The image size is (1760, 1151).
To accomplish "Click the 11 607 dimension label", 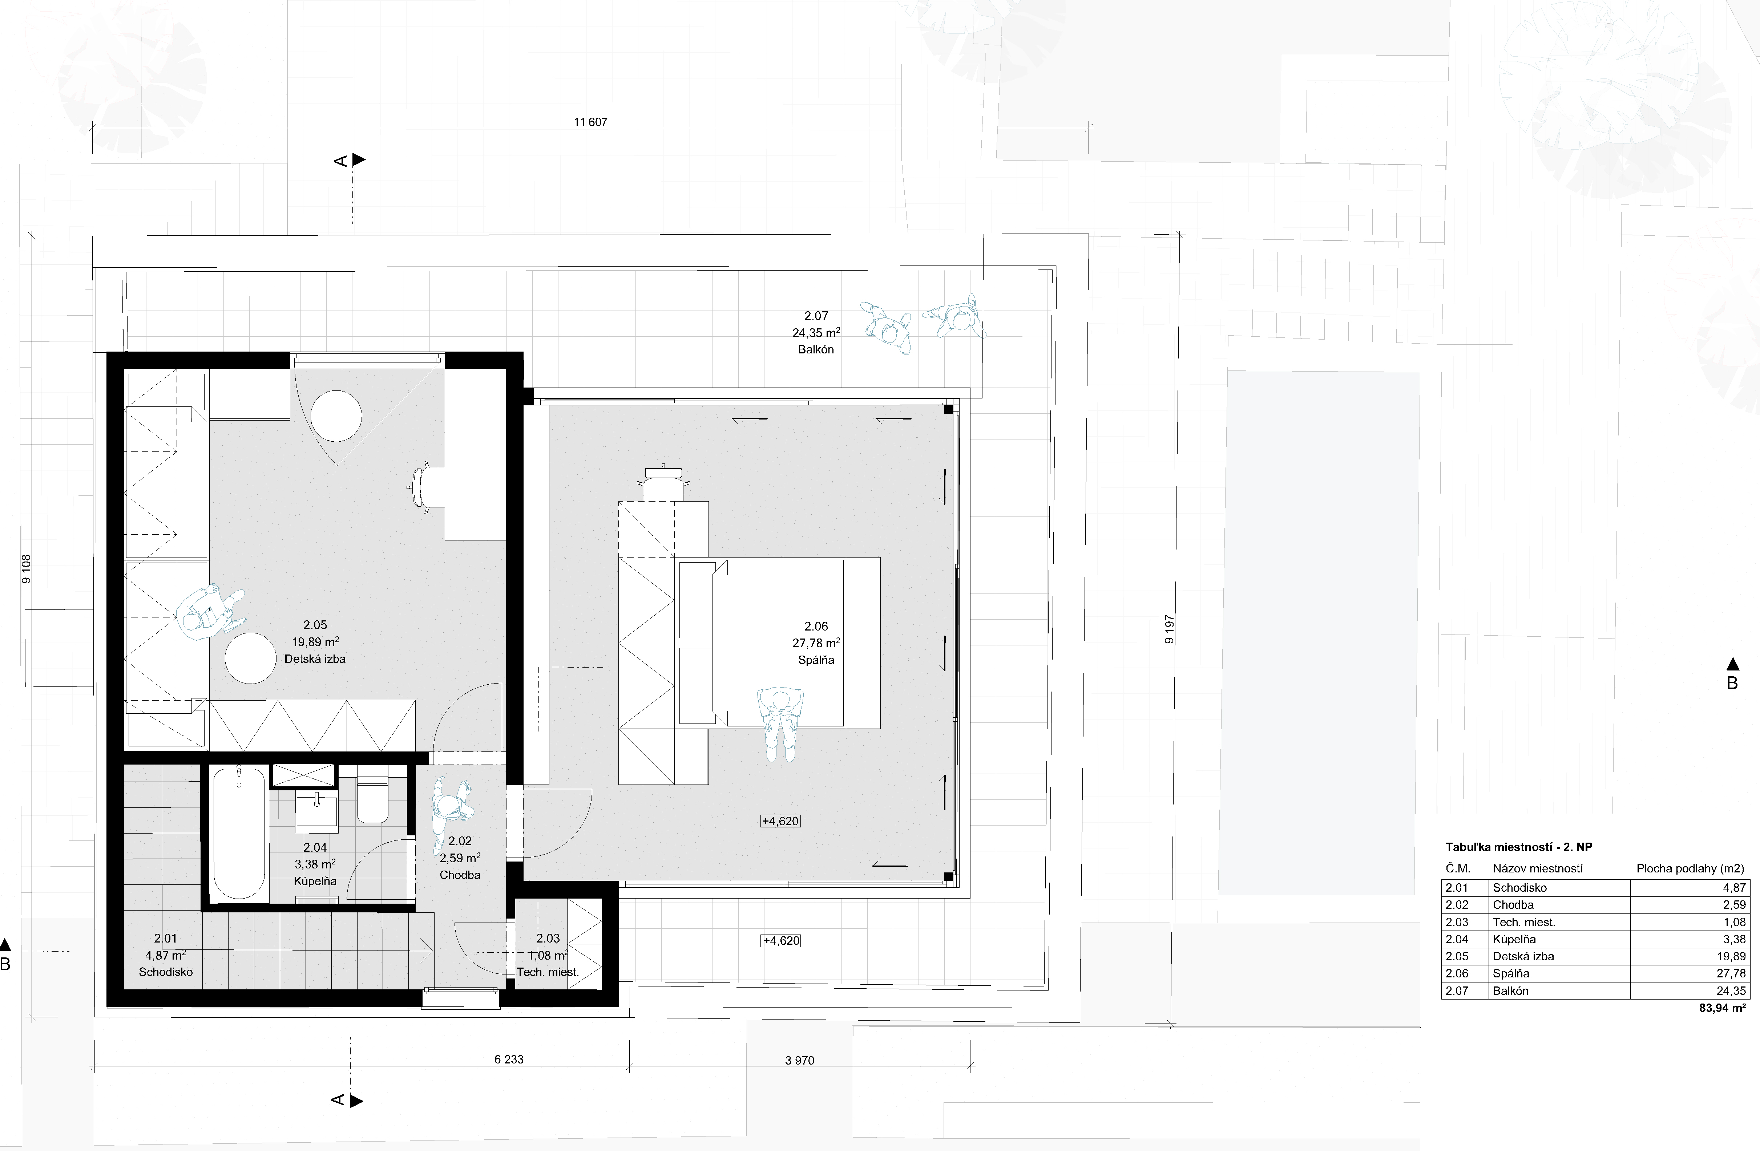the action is pyautogui.click(x=590, y=122).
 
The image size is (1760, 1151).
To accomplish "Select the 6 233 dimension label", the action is pyautogui.click(x=509, y=1059).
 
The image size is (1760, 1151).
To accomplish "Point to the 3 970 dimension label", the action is pyautogui.click(x=799, y=1060).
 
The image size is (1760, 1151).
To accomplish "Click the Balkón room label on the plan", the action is pyautogui.click(x=816, y=350).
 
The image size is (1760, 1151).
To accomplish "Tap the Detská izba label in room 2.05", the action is pyautogui.click(x=315, y=658).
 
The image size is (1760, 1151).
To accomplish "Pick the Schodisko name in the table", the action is pyautogui.click(x=1520, y=888).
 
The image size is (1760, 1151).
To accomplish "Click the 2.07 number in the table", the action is pyautogui.click(x=1457, y=990).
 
